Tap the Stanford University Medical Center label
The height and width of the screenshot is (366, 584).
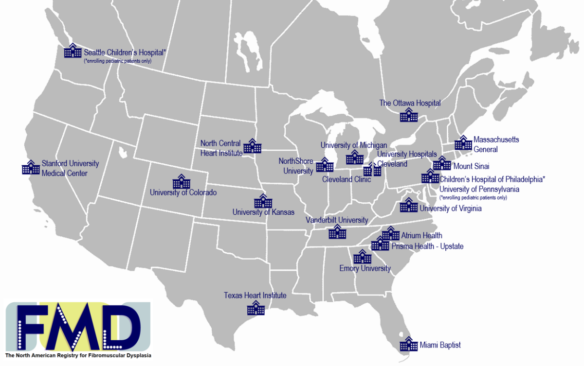(70, 168)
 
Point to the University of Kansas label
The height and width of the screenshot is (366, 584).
(263, 212)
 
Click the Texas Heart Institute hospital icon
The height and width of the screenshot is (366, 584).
(256, 308)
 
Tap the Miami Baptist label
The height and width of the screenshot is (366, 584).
(440, 345)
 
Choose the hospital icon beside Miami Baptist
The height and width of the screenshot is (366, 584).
(409, 344)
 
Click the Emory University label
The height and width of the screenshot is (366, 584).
(365, 268)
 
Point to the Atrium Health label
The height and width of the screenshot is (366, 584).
(421, 236)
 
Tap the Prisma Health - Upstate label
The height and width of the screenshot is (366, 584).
(427, 246)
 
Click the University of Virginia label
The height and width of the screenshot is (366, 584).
(451, 209)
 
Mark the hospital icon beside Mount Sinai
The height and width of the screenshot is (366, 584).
(442, 163)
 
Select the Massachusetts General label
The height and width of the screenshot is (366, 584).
(496, 144)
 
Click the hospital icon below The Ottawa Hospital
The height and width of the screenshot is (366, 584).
(409, 115)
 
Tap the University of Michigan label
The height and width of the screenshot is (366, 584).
(354, 145)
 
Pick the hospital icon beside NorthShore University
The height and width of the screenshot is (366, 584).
(325, 165)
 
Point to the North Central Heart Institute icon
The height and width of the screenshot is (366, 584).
(253, 146)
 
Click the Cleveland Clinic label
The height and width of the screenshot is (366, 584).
(347, 179)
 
